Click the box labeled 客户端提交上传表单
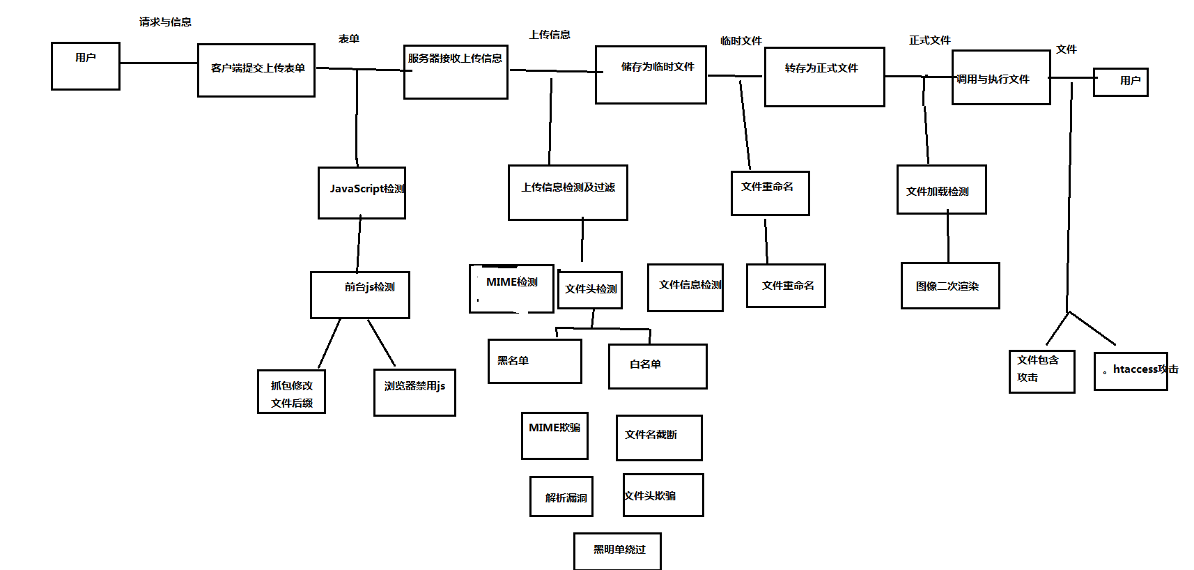coord(256,70)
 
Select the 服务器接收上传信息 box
coord(456,72)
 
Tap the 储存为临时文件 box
coord(651,75)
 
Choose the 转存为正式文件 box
coord(824,77)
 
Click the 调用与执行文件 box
coord(1000,77)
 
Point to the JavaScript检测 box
coord(362,193)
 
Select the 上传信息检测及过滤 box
coord(568,192)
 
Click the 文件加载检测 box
coord(941,190)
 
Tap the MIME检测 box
coord(511,288)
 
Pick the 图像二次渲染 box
coord(949,286)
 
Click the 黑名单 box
coord(534,361)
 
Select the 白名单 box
coord(657,366)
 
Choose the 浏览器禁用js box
coord(414,392)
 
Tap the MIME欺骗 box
coord(555,436)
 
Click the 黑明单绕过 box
coord(617,550)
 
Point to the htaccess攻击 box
coord(1130,371)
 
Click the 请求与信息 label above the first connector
coord(165,22)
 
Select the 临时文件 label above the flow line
coord(741,41)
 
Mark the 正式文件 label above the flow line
coord(929,40)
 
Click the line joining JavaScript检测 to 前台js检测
coord(359,245)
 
